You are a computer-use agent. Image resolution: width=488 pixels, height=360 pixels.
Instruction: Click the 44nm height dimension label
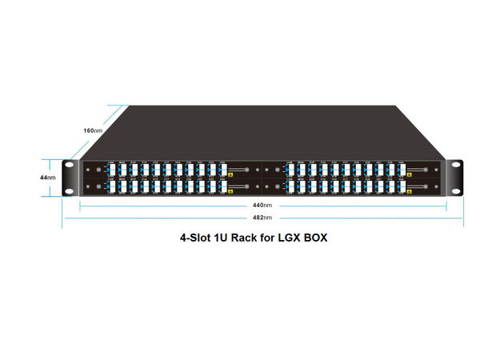pos(49,177)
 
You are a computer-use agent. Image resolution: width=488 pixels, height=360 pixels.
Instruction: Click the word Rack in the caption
pos(245,238)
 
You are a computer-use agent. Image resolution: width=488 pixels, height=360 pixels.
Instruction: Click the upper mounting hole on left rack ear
pos(70,166)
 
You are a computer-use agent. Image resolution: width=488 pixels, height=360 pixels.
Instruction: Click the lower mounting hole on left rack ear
pos(70,189)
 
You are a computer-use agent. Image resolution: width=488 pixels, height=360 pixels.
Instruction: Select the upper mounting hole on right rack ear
pos(457,166)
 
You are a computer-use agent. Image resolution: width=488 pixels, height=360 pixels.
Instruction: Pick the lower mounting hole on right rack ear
pos(457,189)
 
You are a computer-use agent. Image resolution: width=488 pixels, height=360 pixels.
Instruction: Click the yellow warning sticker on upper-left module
pos(230,172)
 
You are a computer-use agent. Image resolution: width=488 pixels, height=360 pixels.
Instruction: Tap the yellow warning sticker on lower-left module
pos(230,190)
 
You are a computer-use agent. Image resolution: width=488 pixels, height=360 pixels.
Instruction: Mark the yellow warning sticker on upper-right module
pos(407,172)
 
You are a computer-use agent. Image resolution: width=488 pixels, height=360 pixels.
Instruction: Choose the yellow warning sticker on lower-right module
pos(407,190)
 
